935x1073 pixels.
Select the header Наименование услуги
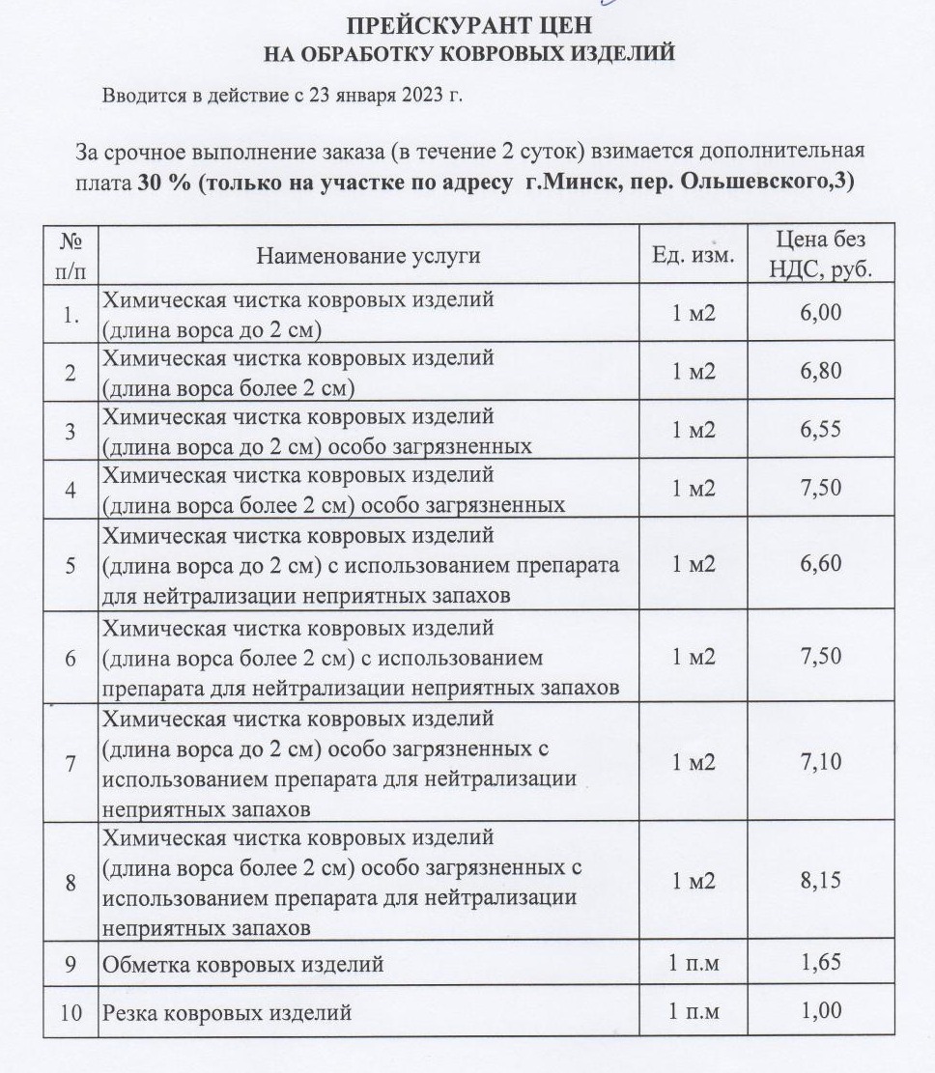pos(368,256)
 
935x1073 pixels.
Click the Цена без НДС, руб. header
pos(820,255)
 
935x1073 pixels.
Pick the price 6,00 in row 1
pos(821,313)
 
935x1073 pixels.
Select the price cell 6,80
pos(821,371)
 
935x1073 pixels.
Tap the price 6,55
pos(821,430)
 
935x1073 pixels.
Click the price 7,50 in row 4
pos(821,488)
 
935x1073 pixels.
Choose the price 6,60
pos(821,564)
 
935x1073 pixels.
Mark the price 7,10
pos(821,762)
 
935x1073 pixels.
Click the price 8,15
pos(821,880)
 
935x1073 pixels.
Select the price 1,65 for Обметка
pos(821,962)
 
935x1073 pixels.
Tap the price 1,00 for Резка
pos(821,1011)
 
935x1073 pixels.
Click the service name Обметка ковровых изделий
pos(243,964)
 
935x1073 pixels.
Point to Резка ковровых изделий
pos(227,1013)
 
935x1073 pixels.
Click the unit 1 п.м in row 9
pos(694,963)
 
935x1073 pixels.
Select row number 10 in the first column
pos(71,1013)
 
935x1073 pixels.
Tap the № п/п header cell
pos(71,255)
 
